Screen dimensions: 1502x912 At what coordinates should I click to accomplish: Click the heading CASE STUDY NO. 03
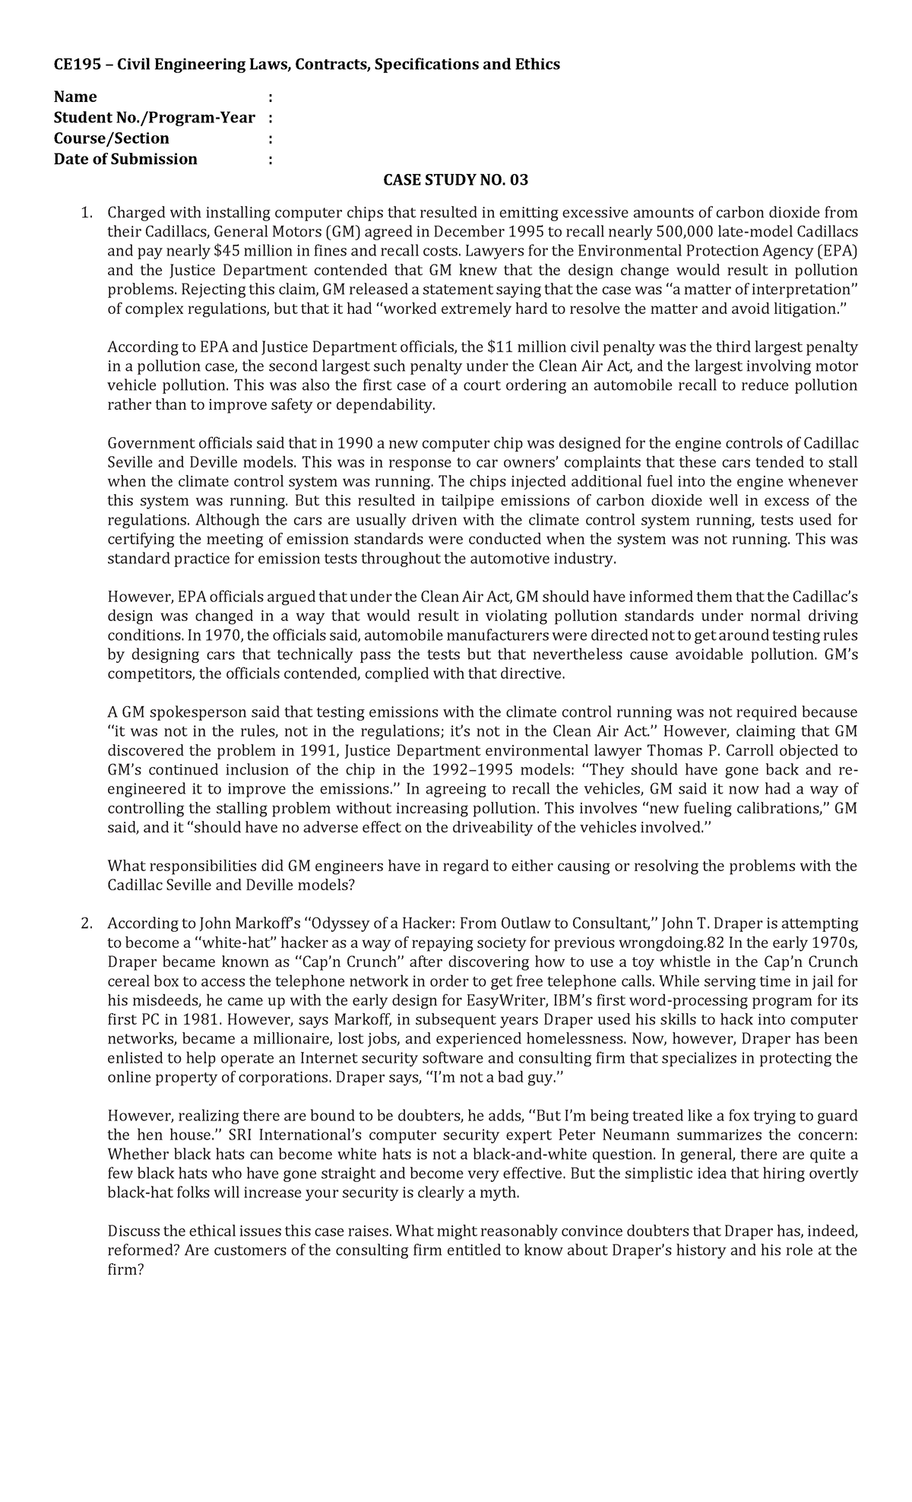click(455, 180)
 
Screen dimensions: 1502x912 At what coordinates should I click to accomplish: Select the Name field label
click(75, 97)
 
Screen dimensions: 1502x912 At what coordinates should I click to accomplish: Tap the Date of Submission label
click(125, 159)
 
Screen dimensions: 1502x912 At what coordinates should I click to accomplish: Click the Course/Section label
click(112, 138)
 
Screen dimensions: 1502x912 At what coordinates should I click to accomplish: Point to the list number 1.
click(86, 213)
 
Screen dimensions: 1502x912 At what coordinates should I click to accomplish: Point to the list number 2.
click(86, 924)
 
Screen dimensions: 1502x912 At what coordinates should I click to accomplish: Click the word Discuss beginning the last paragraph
click(134, 1231)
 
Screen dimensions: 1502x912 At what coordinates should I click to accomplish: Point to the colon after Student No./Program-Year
click(271, 118)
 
